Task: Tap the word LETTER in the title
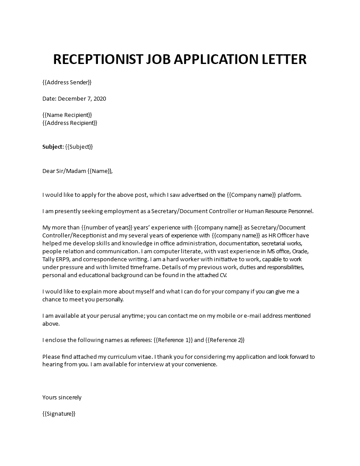click(282, 59)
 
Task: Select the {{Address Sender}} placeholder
click(67, 82)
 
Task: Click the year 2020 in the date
click(99, 98)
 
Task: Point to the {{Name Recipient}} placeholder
click(67, 115)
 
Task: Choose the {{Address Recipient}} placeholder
click(70, 123)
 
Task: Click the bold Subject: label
click(53, 147)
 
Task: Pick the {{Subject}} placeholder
click(79, 147)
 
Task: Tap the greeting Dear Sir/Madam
click(64, 171)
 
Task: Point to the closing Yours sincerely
click(62, 397)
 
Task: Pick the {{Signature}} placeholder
click(59, 413)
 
